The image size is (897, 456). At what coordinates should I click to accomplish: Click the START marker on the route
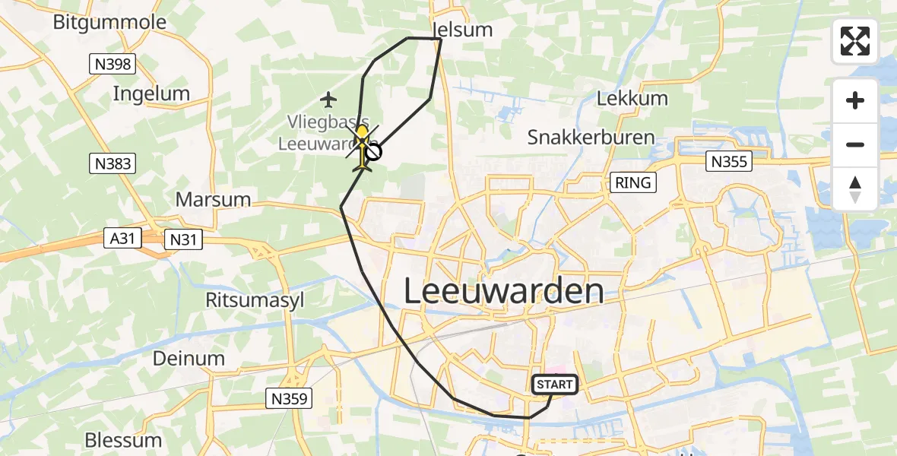(555, 385)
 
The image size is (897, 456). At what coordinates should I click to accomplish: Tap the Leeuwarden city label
(503, 292)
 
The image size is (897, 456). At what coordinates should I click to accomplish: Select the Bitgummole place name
(109, 22)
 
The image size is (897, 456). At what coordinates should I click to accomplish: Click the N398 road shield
(112, 65)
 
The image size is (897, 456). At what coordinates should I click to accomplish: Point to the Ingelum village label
(151, 93)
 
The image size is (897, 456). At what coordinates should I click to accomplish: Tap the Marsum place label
(213, 200)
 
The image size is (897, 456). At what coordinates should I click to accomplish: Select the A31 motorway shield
(122, 239)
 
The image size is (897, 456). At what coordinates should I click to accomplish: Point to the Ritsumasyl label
(255, 299)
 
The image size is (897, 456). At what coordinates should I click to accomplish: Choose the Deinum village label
(189, 358)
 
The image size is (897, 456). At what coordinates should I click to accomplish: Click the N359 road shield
(289, 397)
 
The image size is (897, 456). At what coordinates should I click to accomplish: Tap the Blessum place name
(123, 440)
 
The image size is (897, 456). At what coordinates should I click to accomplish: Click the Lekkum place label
(632, 98)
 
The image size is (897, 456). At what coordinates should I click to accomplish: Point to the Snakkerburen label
(591, 138)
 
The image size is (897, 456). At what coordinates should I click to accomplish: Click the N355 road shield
(727, 161)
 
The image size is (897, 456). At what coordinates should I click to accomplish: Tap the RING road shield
(632, 182)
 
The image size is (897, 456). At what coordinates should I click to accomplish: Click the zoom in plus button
(855, 100)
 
